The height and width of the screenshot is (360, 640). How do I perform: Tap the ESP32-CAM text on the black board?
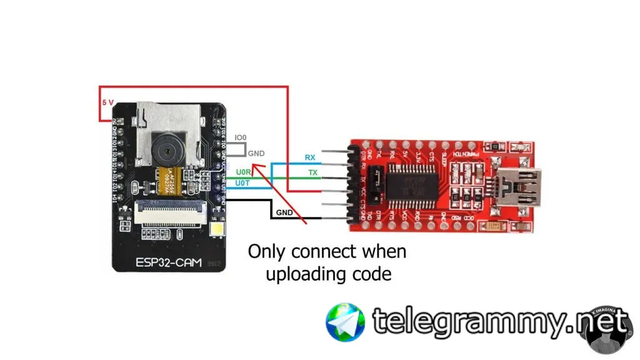pyautogui.click(x=169, y=263)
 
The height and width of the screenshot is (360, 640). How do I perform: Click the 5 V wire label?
pyautogui.click(x=108, y=102)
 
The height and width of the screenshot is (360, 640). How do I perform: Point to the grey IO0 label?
pyautogui.click(x=241, y=137)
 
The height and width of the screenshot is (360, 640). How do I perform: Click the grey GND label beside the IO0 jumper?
pyautogui.click(x=256, y=154)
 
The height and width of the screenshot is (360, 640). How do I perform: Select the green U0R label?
pyautogui.click(x=243, y=171)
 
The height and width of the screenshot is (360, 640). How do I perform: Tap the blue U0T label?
pyautogui.click(x=243, y=182)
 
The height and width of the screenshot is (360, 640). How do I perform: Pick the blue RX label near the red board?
pyautogui.click(x=310, y=157)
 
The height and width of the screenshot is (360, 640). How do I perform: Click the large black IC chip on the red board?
pyautogui.click(x=414, y=182)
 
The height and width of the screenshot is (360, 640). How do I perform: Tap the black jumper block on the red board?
pyautogui.click(x=374, y=186)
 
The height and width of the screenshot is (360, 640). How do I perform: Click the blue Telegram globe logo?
pyautogui.click(x=345, y=322)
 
